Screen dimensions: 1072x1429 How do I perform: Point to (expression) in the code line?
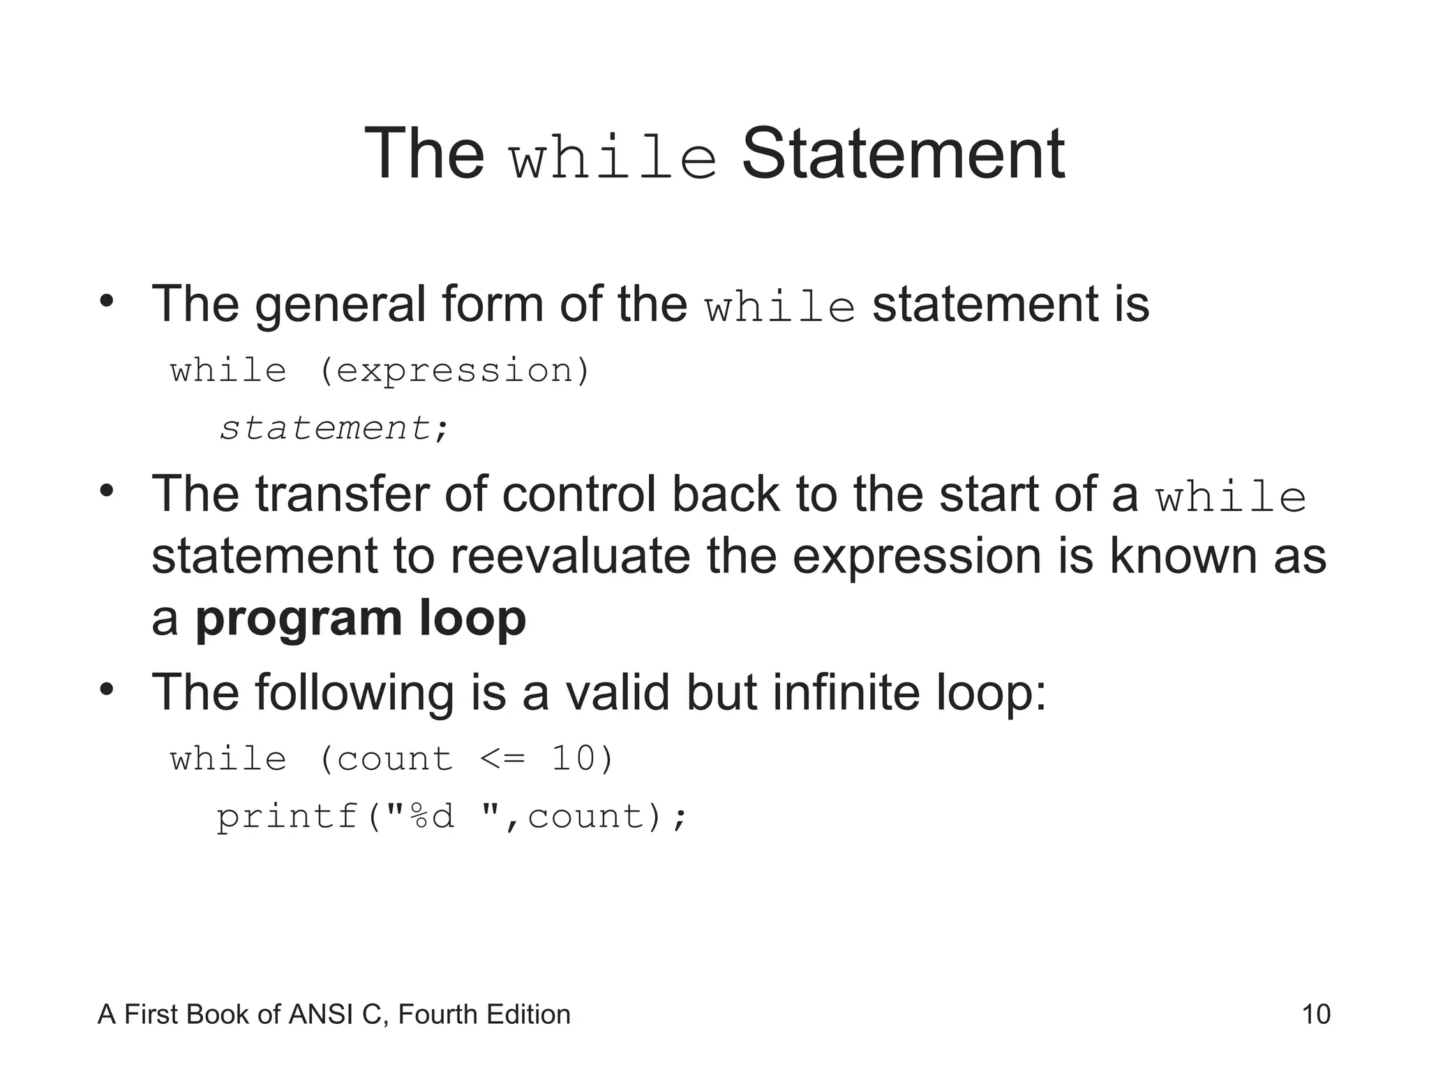click(455, 370)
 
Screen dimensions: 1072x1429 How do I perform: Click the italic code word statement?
click(334, 428)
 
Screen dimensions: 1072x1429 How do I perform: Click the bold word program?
click(299, 620)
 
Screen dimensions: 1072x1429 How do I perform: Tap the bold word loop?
click(472, 618)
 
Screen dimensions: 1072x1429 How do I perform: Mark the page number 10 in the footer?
click(1316, 1014)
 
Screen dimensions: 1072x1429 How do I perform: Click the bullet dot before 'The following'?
click(106, 690)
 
